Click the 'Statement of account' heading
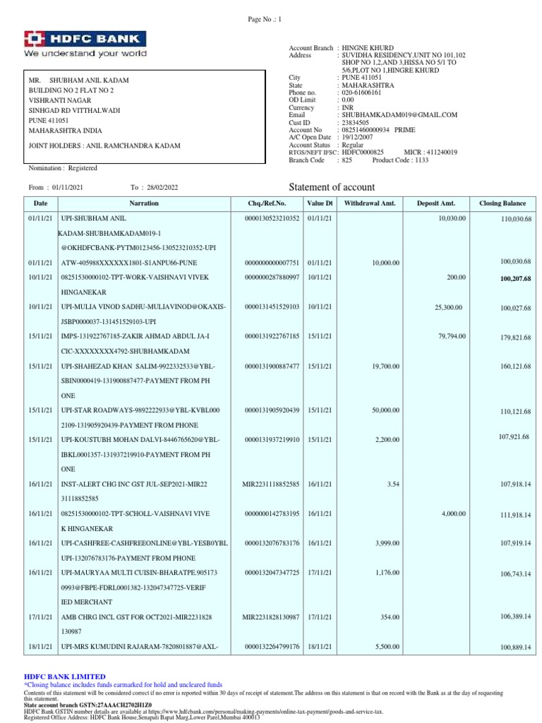pyautogui.click(x=332, y=187)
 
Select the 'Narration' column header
pyautogui.click(x=144, y=203)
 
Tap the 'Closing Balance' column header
pyautogui.click(x=502, y=203)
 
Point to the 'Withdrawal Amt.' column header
pyautogui.click(x=370, y=203)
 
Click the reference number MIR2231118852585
pyautogui.click(x=271, y=484)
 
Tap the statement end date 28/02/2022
pyautogui.click(x=164, y=187)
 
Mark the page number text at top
pyautogui.click(x=265, y=20)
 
